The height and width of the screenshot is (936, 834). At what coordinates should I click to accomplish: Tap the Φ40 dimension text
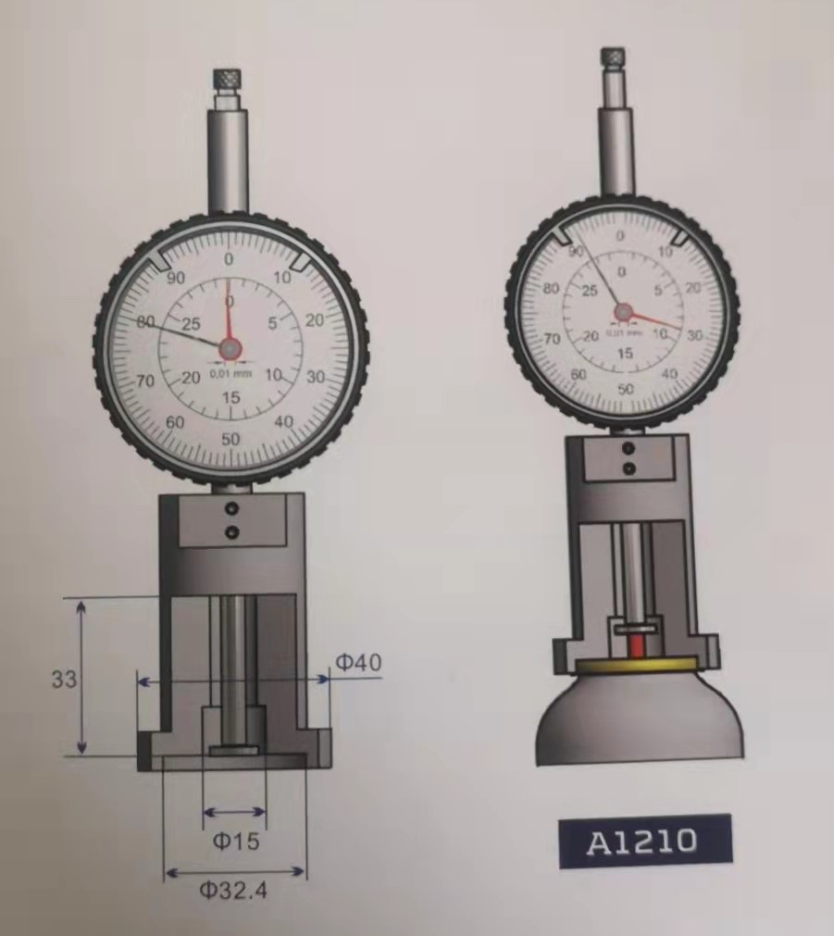click(x=357, y=662)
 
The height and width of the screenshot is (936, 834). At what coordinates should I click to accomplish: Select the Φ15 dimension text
click(x=236, y=841)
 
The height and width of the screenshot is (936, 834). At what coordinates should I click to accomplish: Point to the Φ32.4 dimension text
click(x=237, y=891)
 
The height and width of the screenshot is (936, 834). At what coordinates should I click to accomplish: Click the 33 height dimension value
click(x=64, y=679)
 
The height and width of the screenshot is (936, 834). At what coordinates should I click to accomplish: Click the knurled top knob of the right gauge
click(x=612, y=57)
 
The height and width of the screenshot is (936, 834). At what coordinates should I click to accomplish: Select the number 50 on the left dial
click(x=230, y=439)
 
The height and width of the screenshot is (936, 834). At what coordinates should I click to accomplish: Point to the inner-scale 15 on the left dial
click(x=230, y=398)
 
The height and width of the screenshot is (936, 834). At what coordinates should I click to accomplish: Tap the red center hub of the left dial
click(x=230, y=347)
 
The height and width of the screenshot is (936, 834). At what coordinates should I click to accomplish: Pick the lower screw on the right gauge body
click(x=629, y=469)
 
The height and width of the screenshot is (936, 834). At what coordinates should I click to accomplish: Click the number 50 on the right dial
click(x=626, y=389)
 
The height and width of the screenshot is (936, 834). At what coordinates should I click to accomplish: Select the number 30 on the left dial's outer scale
click(x=316, y=377)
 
